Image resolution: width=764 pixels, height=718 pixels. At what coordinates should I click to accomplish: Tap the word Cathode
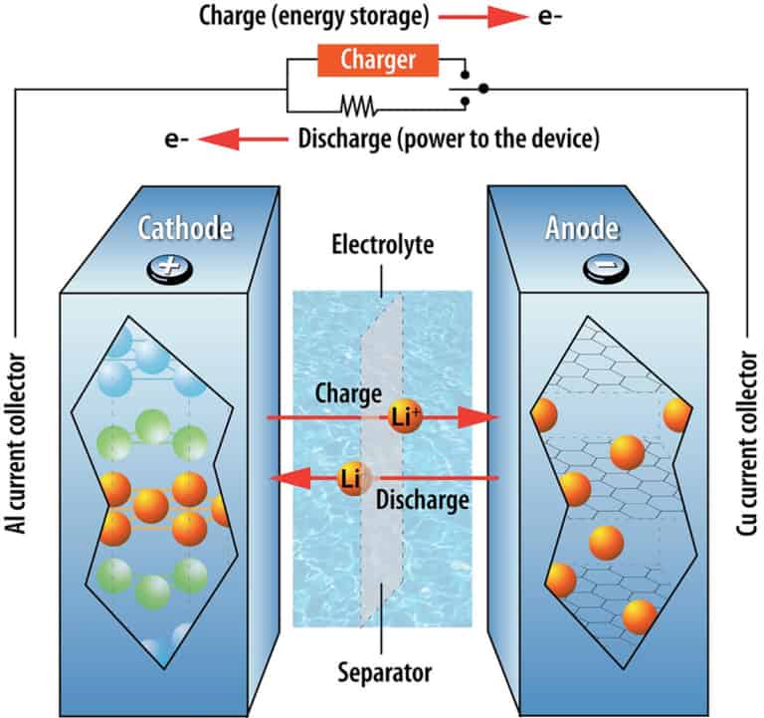tap(186, 229)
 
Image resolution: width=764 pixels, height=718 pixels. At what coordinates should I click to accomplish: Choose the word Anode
tap(594, 229)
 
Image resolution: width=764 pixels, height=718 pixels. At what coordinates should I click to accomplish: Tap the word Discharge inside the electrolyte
tap(424, 501)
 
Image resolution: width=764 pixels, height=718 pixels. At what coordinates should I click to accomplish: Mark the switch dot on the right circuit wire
tap(484, 89)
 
